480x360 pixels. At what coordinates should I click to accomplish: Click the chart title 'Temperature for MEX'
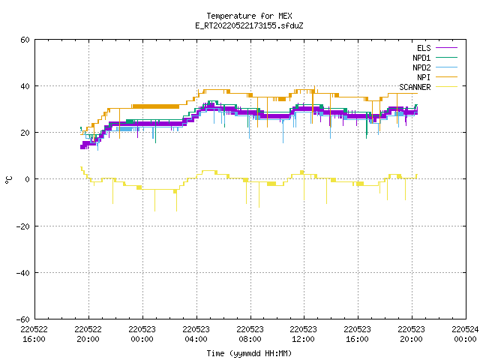[249, 16]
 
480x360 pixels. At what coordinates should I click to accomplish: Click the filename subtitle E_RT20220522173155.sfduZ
[249, 25]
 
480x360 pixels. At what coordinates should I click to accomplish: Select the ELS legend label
[424, 48]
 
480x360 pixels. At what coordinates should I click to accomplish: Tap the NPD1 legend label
[421, 58]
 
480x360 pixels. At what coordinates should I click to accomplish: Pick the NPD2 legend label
[421, 67]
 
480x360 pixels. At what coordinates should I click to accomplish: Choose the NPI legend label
[424, 77]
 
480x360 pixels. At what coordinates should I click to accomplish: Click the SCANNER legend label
[415, 87]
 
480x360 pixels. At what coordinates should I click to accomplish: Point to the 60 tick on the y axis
[25, 40]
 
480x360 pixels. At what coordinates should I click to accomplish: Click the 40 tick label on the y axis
[25, 86]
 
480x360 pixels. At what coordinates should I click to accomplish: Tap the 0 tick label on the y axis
[28, 179]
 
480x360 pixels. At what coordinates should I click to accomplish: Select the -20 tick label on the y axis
[23, 226]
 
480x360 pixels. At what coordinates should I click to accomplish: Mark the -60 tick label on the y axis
[23, 319]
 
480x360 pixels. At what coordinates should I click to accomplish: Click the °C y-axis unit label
[8, 180]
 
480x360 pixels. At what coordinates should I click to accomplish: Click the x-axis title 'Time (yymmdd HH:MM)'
[249, 353]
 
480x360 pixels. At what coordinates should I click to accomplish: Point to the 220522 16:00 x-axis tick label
[34, 334]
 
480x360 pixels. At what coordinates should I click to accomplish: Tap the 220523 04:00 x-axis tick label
[196, 334]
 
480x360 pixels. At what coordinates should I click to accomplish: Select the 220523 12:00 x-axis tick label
[303, 334]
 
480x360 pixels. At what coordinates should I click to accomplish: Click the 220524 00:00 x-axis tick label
[465, 334]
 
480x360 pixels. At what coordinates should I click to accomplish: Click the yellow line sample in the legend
[446, 87]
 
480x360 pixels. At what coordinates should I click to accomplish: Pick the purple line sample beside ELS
[446, 48]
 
